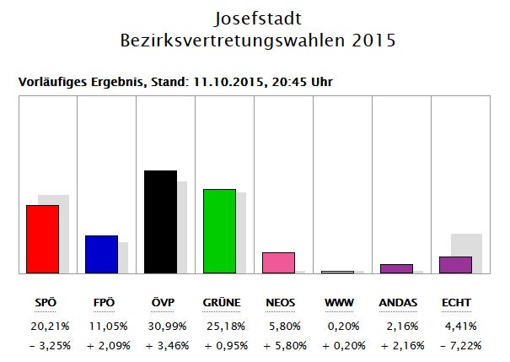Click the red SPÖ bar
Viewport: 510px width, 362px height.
pyautogui.click(x=42, y=239)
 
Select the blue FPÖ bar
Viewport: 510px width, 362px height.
pyautogui.click(x=101, y=254)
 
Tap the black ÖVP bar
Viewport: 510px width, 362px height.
pyautogui.click(x=160, y=222)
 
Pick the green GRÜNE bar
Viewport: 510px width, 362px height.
pyautogui.click(x=219, y=231)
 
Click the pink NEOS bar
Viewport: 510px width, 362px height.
pyautogui.click(x=278, y=262)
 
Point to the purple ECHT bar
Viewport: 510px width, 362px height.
pyautogui.click(x=455, y=265)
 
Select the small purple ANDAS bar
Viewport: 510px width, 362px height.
pyautogui.click(x=396, y=268)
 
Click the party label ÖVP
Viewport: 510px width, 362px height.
pyautogui.click(x=161, y=303)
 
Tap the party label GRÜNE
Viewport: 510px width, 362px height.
pyautogui.click(x=222, y=303)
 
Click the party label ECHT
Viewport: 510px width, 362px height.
pyautogui.click(x=456, y=303)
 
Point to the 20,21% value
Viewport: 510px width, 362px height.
pyautogui.click(x=44, y=325)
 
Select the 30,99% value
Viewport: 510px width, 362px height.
pyautogui.click(x=162, y=325)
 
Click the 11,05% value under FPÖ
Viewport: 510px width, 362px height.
pyautogui.click(x=103, y=325)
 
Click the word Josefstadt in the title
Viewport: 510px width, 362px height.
pyautogui.click(x=255, y=17)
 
